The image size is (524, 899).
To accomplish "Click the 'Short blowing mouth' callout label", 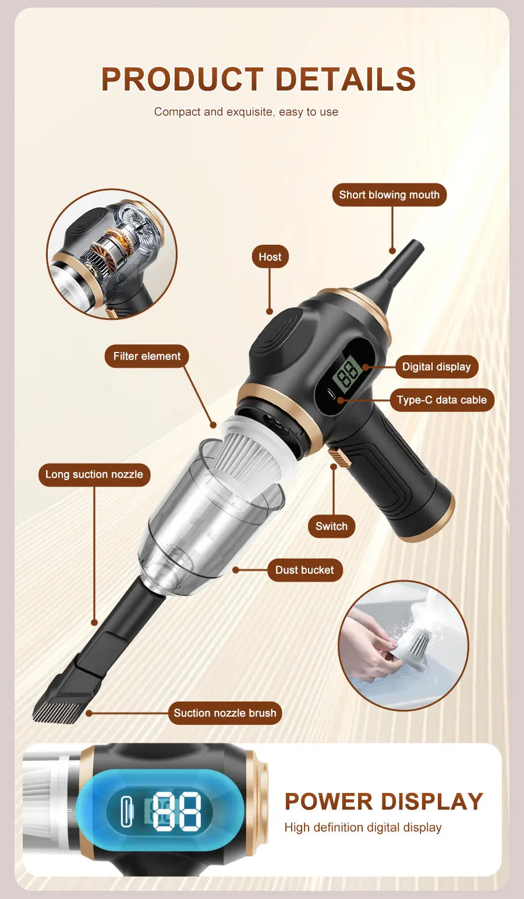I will point(389,195).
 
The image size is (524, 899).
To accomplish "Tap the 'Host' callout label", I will point(270,257).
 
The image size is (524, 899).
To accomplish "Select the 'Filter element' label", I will point(147,356).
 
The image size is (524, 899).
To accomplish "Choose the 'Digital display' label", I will point(436,366).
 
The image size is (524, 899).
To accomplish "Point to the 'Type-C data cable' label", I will point(441,400).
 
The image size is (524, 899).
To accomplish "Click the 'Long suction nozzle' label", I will point(94,474).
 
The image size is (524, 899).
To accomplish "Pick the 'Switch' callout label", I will point(331,526).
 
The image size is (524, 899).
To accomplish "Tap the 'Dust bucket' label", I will point(305,570).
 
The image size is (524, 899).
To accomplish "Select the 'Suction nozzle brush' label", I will point(225,713).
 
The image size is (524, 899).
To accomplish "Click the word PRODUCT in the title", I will point(182,80).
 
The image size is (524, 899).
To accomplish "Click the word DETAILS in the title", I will point(345,80).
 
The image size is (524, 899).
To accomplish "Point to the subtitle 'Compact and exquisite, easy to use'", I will point(246,112).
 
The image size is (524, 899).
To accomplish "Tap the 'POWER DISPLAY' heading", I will point(384,802).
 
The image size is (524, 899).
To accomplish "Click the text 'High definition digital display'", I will point(363,827).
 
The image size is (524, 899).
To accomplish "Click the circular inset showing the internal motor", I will point(111,253).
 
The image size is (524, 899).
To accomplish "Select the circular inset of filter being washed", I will point(403,646).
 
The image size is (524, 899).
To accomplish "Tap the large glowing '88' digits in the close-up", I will point(177,810).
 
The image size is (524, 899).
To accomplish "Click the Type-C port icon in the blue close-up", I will point(126,811).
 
